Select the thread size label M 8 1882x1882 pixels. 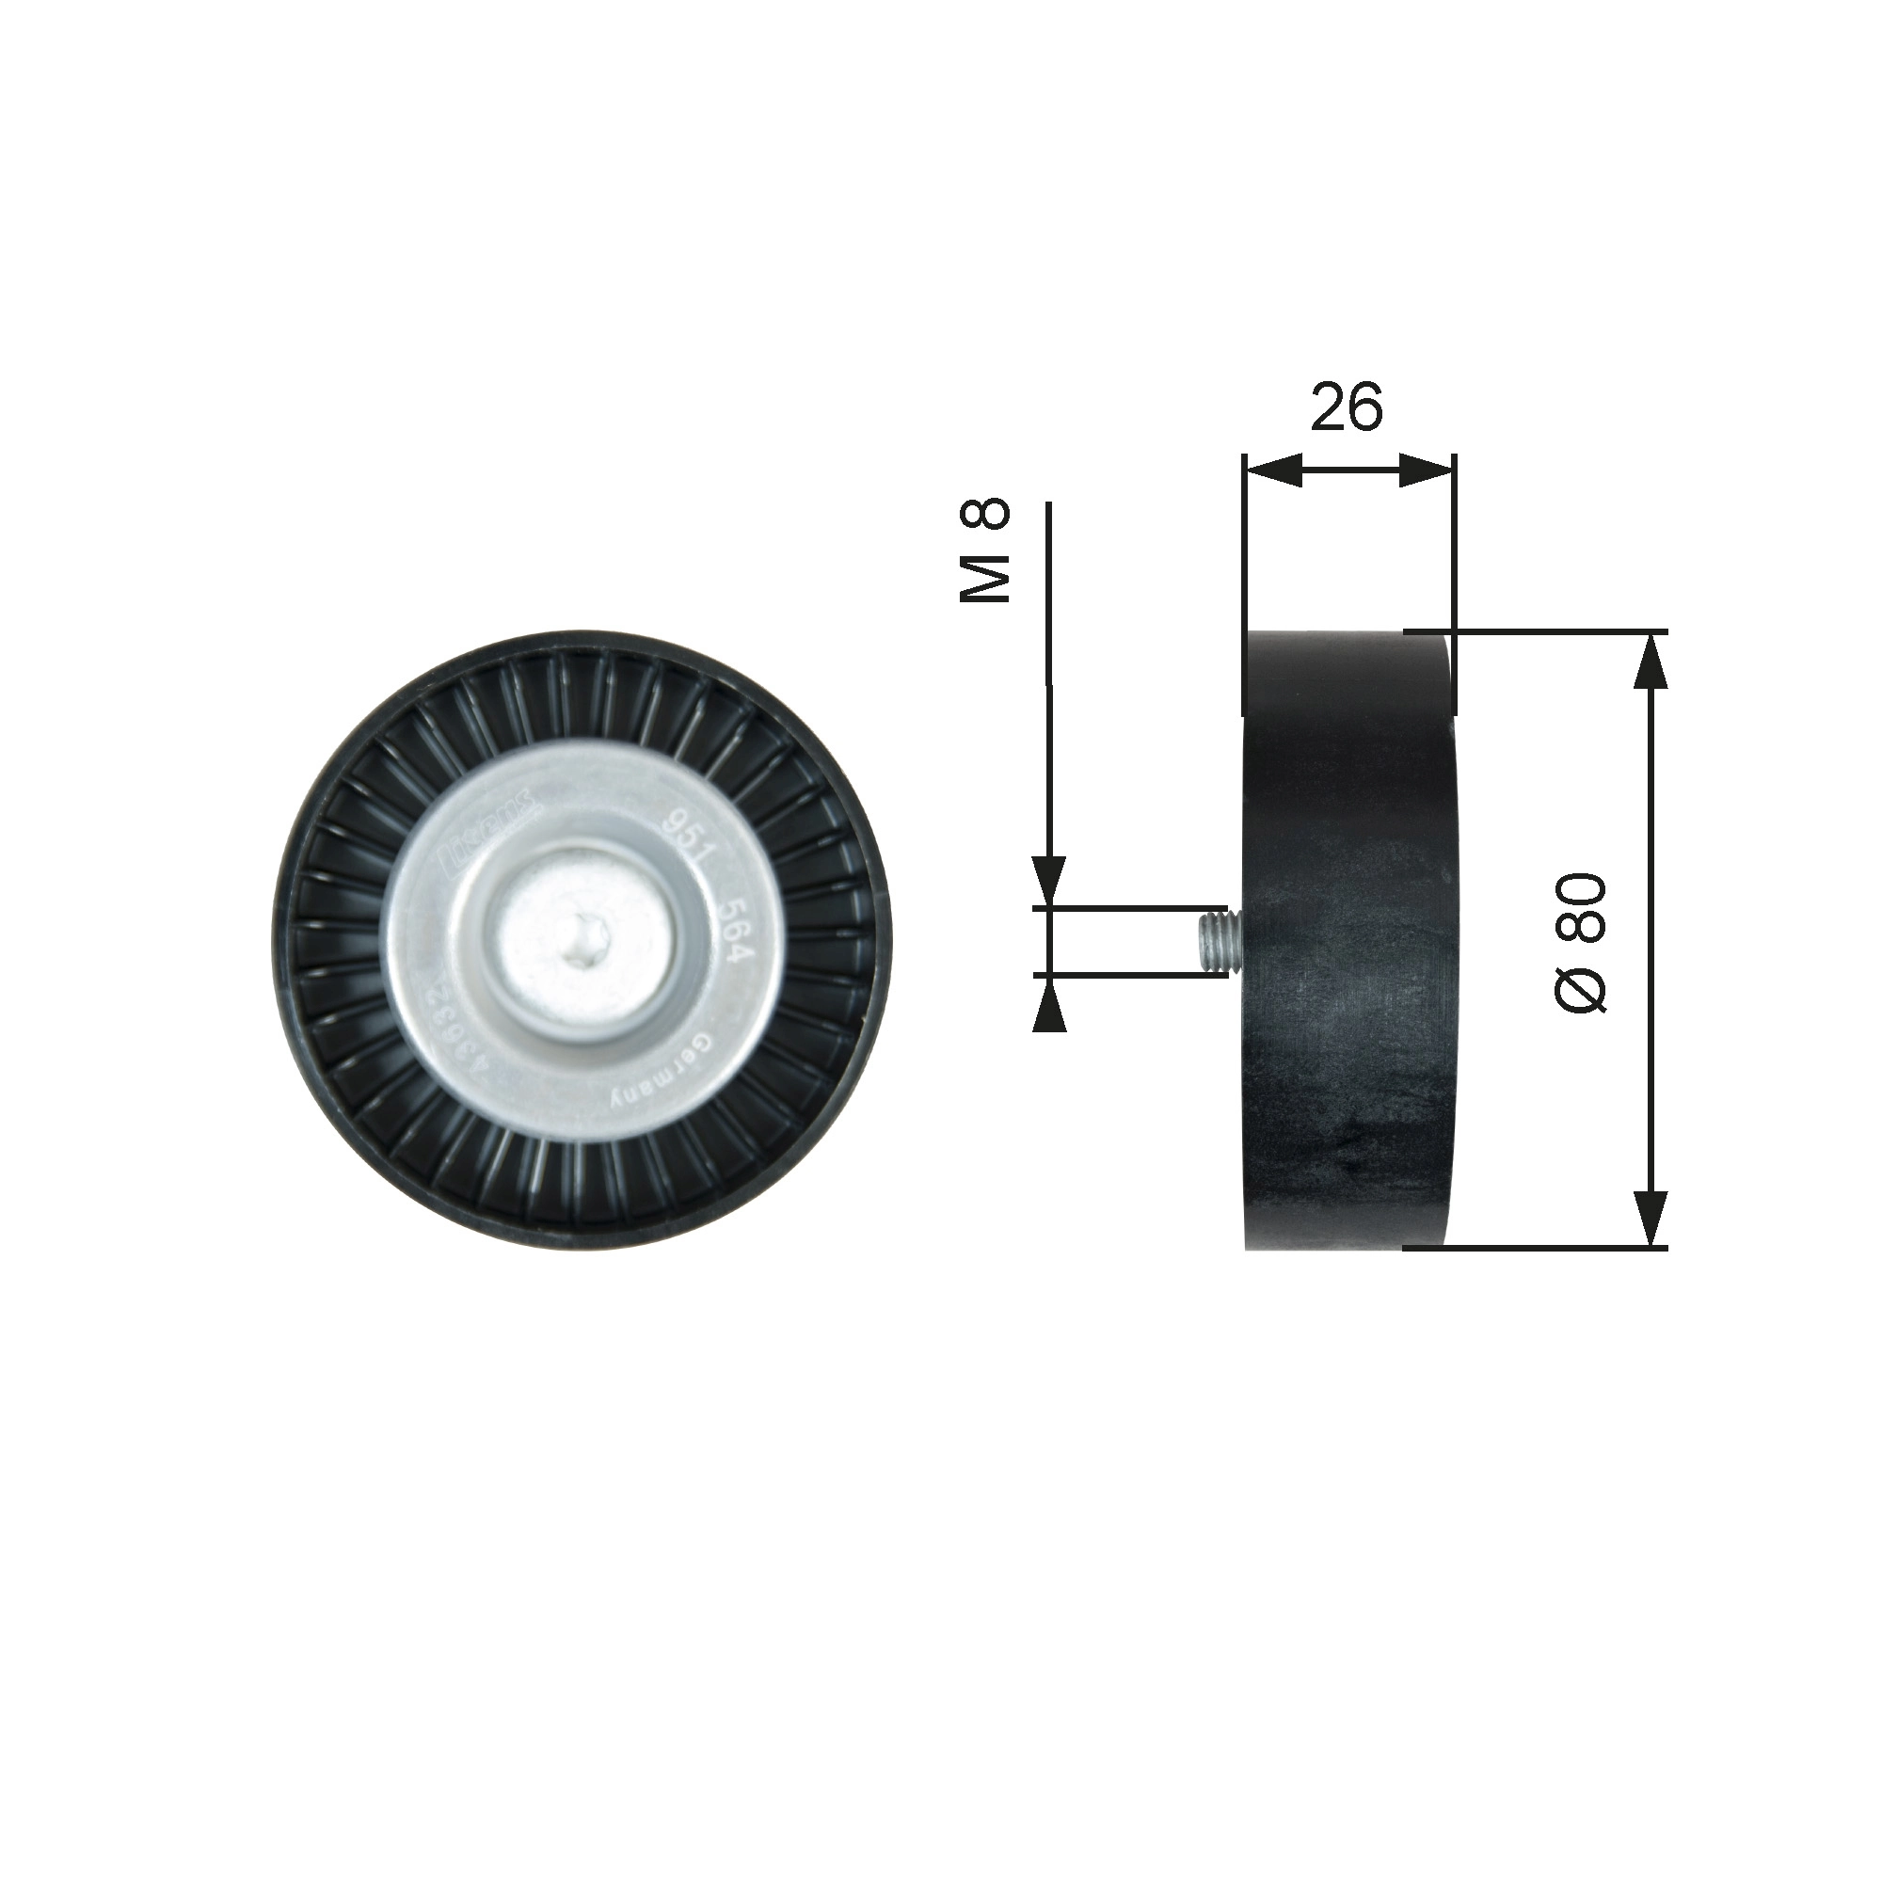pyautogui.click(x=986, y=550)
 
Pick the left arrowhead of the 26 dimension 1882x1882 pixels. pyautogui.click(x=1274, y=470)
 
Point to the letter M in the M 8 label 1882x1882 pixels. pyautogui.click(x=986, y=581)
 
